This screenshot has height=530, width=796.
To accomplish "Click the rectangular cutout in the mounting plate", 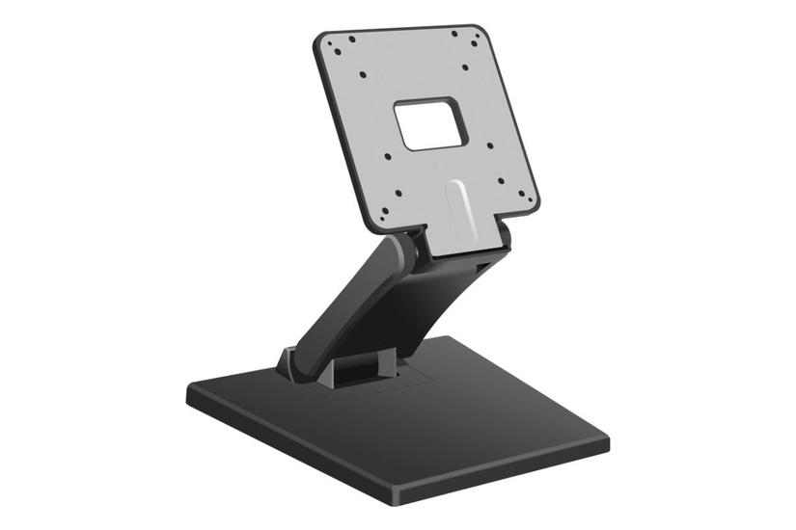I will coord(430,123).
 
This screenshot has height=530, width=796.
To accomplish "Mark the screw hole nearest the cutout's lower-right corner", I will coord(489,146).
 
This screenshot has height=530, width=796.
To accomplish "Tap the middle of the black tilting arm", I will coord(357,308).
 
